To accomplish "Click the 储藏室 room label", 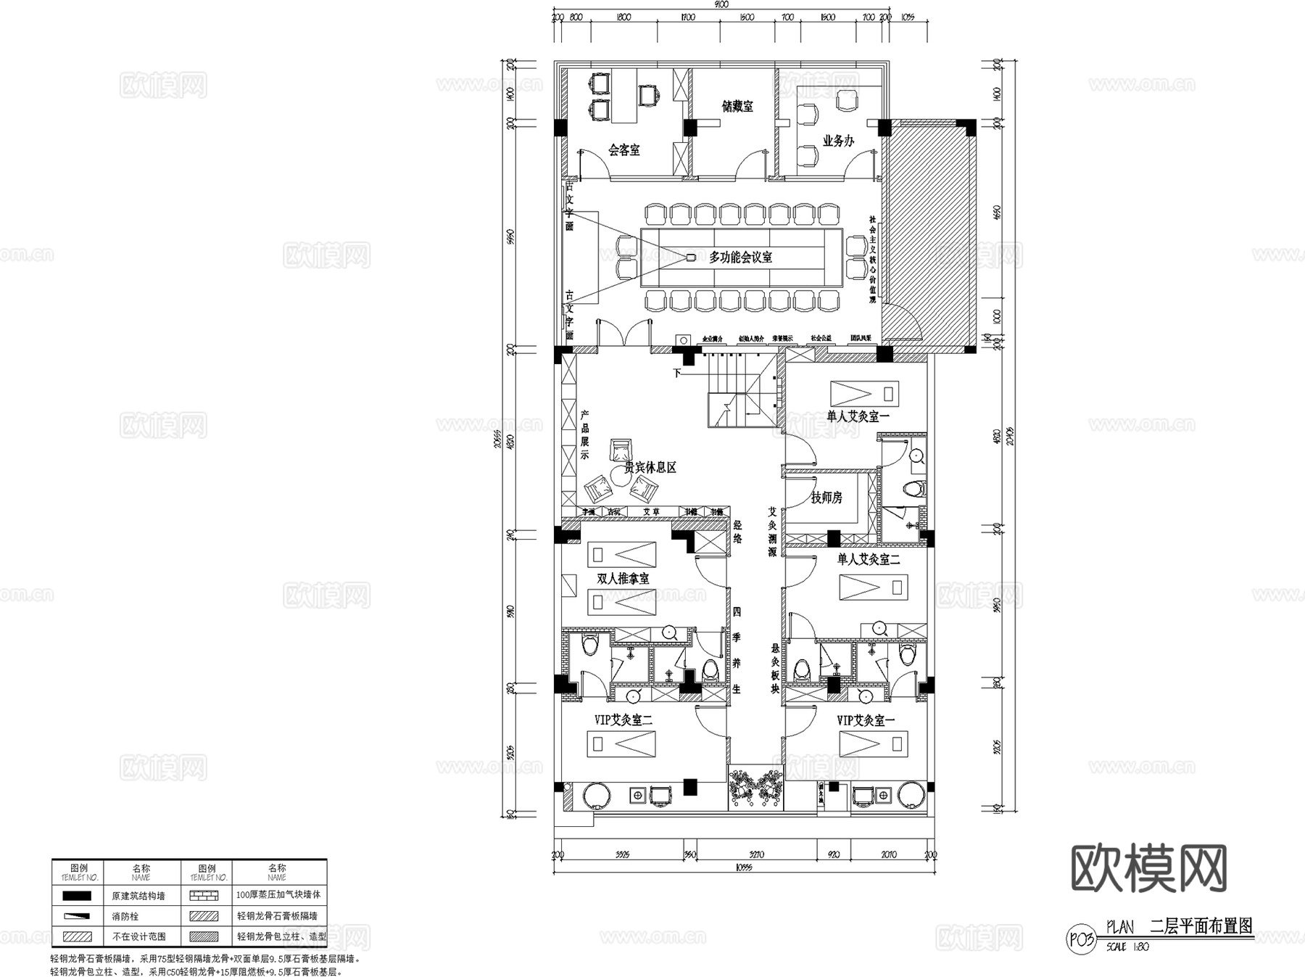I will (x=737, y=106).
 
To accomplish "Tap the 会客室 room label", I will (x=623, y=150).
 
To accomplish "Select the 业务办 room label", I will (x=838, y=141).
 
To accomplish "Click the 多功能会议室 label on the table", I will (x=740, y=257).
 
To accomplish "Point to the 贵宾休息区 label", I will (x=650, y=468).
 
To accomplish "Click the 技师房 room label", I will (x=826, y=498).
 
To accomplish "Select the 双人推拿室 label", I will (x=623, y=579).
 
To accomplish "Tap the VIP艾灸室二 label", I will (x=623, y=720).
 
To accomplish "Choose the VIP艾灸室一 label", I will (x=866, y=720).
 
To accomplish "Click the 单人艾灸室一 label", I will (x=858, y=416).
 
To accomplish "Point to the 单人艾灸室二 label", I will (x=869, y=559).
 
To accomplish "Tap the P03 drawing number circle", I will (x=1080, y=939).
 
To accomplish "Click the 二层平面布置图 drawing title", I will (x=1201, y=926).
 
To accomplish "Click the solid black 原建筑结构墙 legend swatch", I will (x=77, y=896).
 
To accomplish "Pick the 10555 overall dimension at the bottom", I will (x=743, y=867).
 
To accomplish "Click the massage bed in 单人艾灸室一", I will (x=864, y=393).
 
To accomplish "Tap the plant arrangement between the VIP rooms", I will (x=755, y=786).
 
